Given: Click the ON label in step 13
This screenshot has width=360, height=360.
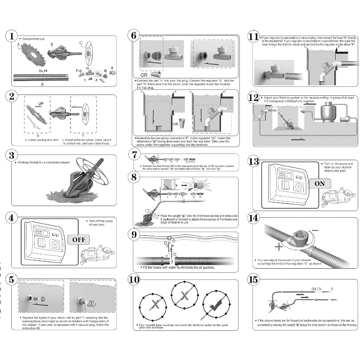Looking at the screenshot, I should (319, 184).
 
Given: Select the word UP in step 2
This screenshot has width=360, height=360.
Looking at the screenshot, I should (40, 103).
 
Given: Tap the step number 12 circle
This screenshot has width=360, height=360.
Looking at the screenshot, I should (253, 98).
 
